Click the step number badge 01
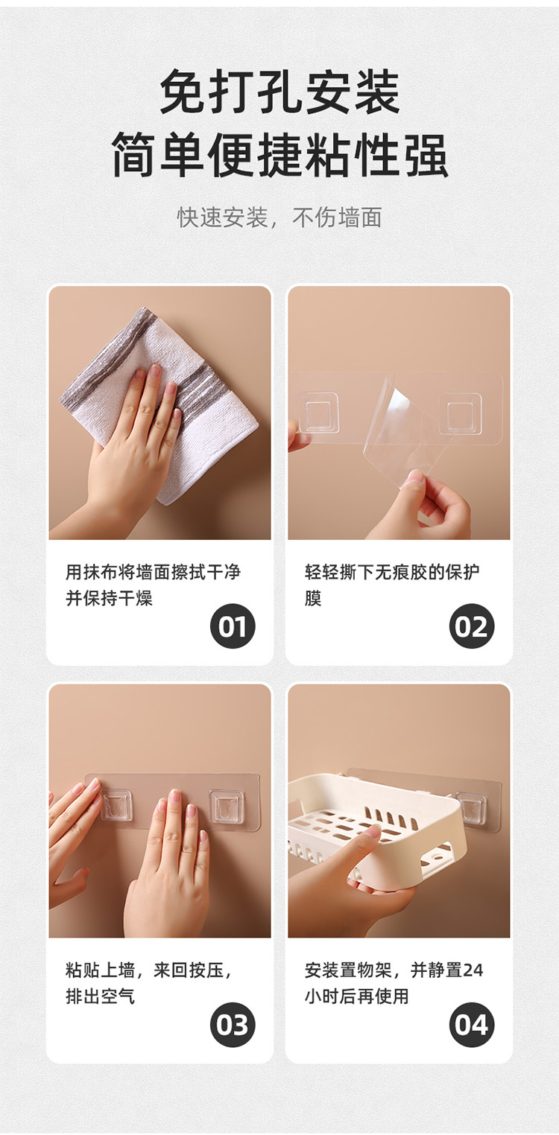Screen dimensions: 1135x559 (233, 626)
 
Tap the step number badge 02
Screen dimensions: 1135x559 (472, 626)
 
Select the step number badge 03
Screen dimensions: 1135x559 (233, 1025)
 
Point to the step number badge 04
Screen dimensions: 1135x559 (472, 1025)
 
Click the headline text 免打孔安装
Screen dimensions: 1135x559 (279, 92)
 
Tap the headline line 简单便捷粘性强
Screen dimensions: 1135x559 (279, 155)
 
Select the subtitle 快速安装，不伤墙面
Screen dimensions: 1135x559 (279, 217)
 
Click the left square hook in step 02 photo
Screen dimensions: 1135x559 (320, 412)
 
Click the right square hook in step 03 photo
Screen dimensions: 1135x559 (227, 807)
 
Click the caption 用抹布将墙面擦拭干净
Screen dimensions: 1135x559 (153, 572)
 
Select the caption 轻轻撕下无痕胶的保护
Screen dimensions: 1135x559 (392, 572)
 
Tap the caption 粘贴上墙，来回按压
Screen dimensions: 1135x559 (148, 970)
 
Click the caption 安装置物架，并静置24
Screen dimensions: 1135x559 (394, 970)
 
